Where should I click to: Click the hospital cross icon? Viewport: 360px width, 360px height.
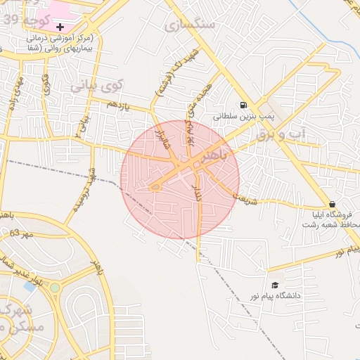60,26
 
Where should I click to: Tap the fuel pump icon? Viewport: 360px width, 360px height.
243,105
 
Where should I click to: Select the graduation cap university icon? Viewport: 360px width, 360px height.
276,285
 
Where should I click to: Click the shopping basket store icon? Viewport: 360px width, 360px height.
332,204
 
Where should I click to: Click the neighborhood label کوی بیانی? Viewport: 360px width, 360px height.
96,86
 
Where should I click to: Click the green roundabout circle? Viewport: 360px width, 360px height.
54,287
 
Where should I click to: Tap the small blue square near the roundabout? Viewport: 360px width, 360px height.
30,286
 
